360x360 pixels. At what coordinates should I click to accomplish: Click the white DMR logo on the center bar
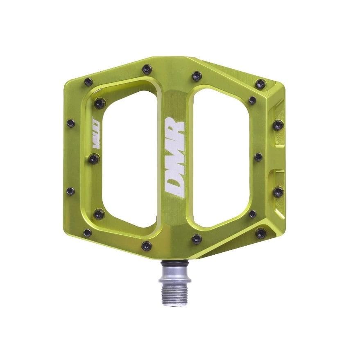(x=174, y=157)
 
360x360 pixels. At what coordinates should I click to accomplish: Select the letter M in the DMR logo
(x=174, y=158)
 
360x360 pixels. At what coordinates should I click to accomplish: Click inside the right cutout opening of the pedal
(x=221, y=158)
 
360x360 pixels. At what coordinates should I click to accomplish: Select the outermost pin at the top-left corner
(x=88, y=82)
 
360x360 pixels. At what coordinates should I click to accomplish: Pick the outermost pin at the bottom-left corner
(x=87, y=233)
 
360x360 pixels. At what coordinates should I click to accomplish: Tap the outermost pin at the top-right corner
(x=260, y=84)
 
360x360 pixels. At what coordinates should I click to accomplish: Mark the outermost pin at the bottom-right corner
(x=260, y=233)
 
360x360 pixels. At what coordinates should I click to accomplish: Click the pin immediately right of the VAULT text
(x=94, y=158)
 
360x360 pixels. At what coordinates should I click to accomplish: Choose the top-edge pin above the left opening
(x=147, y=69)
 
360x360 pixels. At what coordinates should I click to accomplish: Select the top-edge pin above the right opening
(x=197, y=76)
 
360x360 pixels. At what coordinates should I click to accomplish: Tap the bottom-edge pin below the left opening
(x=146, y=246)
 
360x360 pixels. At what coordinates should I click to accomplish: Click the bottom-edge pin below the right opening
(x=197, y=239)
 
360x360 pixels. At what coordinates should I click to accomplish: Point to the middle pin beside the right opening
(x=258, y=157)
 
